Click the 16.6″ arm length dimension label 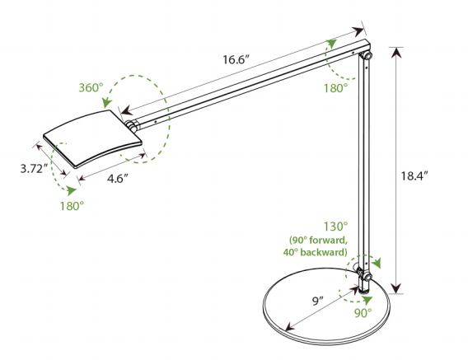[236, 59]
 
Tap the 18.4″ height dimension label [414, 175]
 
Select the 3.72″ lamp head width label [35, 169]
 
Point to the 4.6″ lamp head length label [118, 179]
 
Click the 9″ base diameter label [318, 301]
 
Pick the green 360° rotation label [91, 88]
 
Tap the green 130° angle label [336, 227]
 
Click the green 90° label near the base [363, 312]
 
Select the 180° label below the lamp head [72, 206]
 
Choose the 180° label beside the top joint [336, 88]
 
